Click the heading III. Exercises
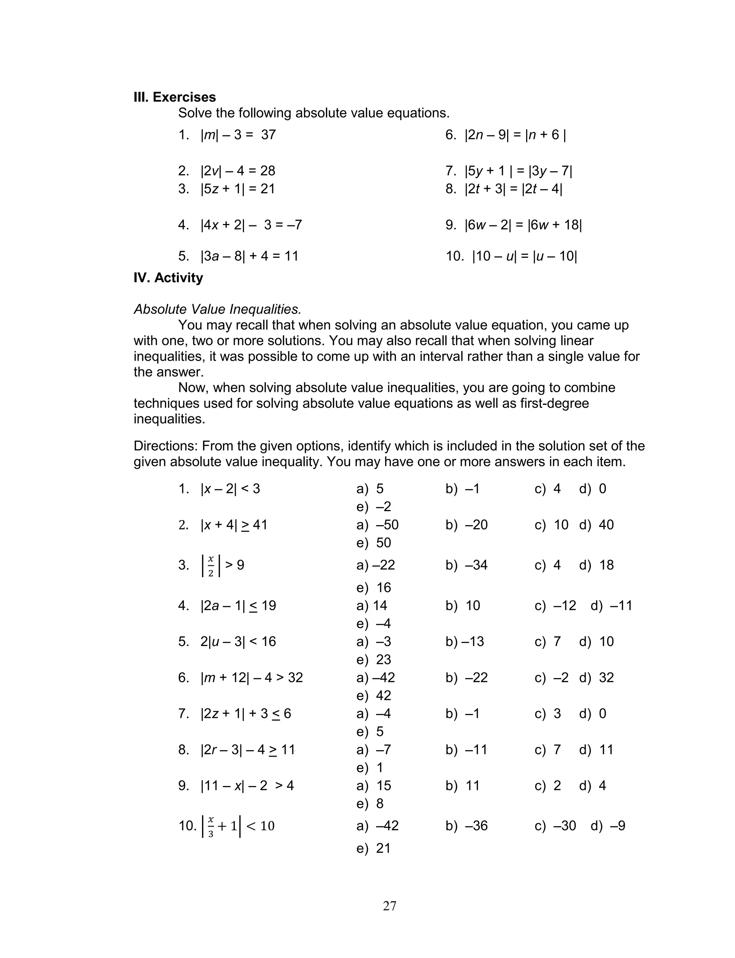click(x=174, y=97)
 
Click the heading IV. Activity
click(x=168, y=278)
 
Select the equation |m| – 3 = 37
click(x=238, y=135)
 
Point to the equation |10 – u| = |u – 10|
click(x=524, y=256)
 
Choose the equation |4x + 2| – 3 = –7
click(x=251, y=225)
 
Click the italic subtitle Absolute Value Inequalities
click(x=217, y=309)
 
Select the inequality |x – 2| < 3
click(x=230, y=489)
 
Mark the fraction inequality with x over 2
click(x=222, y=565)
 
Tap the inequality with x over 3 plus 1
click(x=238, y=826)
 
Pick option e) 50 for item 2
click(x=374, y=543)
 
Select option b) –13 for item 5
click(x=465, y=642)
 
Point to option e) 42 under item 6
click(x=374, y=696)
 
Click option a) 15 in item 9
click(x=374, y=786)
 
